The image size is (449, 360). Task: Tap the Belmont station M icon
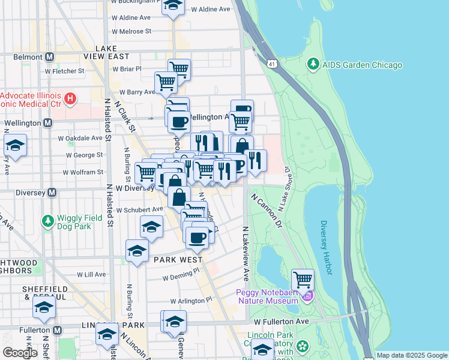[49, 57]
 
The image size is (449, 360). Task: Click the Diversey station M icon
[52, 193]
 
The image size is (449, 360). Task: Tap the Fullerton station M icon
[58, 330]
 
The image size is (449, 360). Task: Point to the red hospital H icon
[70, 97]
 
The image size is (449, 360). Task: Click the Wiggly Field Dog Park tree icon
[47, 221]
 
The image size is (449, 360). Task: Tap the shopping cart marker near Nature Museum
[303, 279]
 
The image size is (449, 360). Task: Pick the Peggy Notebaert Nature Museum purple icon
[308, 295]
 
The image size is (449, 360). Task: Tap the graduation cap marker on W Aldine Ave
[173, 6]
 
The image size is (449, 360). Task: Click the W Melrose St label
[131, 31]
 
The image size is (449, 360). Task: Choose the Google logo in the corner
[20, 353]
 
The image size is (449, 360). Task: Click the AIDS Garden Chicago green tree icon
[313, 64]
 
